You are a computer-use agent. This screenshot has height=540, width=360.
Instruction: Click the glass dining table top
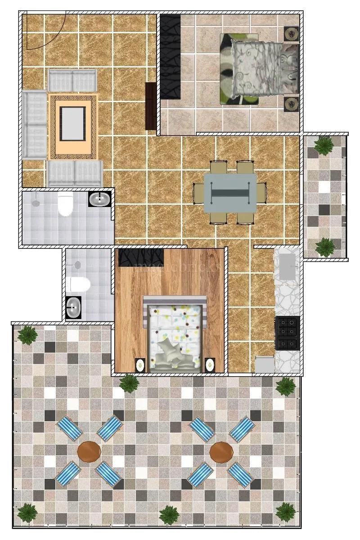tap(230, 193)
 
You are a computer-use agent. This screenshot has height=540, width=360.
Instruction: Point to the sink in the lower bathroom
tap(73, 308)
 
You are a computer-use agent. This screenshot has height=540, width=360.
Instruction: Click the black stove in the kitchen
tap(288, 333)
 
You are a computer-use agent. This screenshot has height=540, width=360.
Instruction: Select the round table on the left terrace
tap(89, 451)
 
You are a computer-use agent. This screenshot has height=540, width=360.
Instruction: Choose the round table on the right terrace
tap(221, 451)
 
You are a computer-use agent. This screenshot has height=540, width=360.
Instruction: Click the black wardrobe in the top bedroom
tap(171, 56)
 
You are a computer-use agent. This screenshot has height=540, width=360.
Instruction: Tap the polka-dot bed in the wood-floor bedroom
tap(175, 334)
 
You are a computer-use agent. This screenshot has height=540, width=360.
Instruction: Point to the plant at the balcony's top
tap(323, 145)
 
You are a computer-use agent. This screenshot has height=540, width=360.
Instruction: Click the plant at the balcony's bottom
tap(324, 247)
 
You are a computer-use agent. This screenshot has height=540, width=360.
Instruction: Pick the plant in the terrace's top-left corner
tap(28, 335)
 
